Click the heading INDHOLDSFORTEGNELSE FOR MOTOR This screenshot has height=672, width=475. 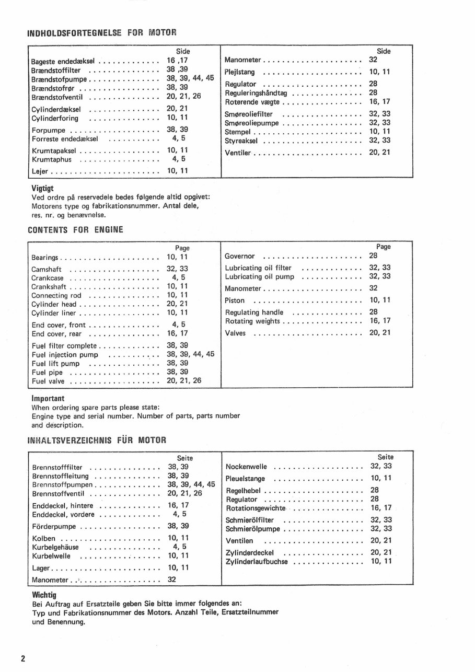pyautogui.click(x=101, y=33)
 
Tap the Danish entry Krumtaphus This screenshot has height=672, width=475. pyautogui.click(x=52, y=159)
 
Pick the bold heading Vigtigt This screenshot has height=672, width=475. pyautogui.click(x=43, y=188)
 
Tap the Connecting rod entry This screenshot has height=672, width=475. pyautogui.click(x=57, y=295)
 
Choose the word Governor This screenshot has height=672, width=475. pyautogui.click(x=240, y=257)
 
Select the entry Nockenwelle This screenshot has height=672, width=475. pyautogui.click(x=247, y=467)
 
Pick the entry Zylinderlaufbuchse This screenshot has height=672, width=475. pyautogui.click(x=257, y=562)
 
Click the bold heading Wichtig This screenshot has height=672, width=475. pyautogui.click(x=44, y=595)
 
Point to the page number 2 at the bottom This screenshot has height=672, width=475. pyautogui.click(x=23, y=658)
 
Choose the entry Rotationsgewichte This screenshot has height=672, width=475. pyautogui.click(x=256, y=508)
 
